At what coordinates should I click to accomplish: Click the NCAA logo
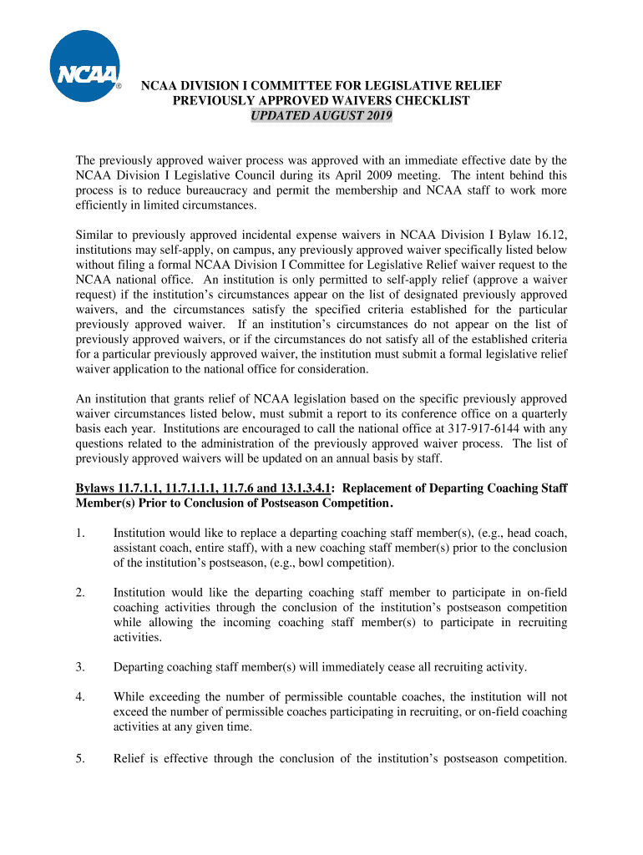(x=84, y=66)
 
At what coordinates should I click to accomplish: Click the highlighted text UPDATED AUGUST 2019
(x=321, y=115)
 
